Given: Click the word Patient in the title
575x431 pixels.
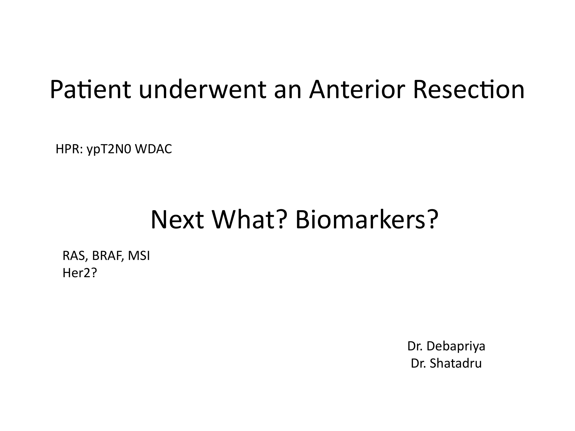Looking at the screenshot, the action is (x=90, y=89).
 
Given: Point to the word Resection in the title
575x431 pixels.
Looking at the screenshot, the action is (x=469, y=89).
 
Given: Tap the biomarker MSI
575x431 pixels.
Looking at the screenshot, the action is (x=139, y=256).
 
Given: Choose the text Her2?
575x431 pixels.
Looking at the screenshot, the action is (x=80, y=273).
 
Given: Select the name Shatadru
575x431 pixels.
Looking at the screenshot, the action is (x=456, y=363).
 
